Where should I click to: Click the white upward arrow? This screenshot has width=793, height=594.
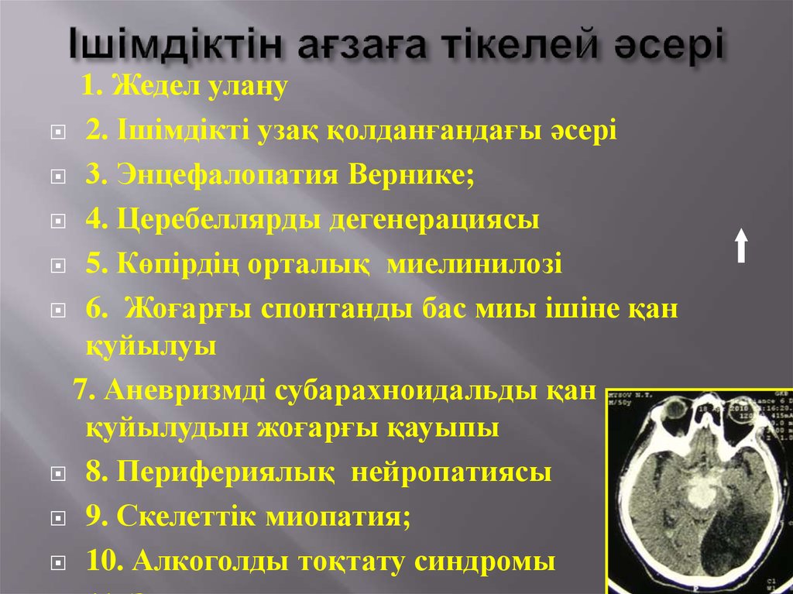[x=741, y=245]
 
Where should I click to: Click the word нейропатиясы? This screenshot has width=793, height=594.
[x=452, y=472]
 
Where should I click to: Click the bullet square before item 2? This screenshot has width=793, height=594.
[x=57, y=132]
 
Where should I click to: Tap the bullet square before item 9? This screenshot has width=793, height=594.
[x=57, y=517]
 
